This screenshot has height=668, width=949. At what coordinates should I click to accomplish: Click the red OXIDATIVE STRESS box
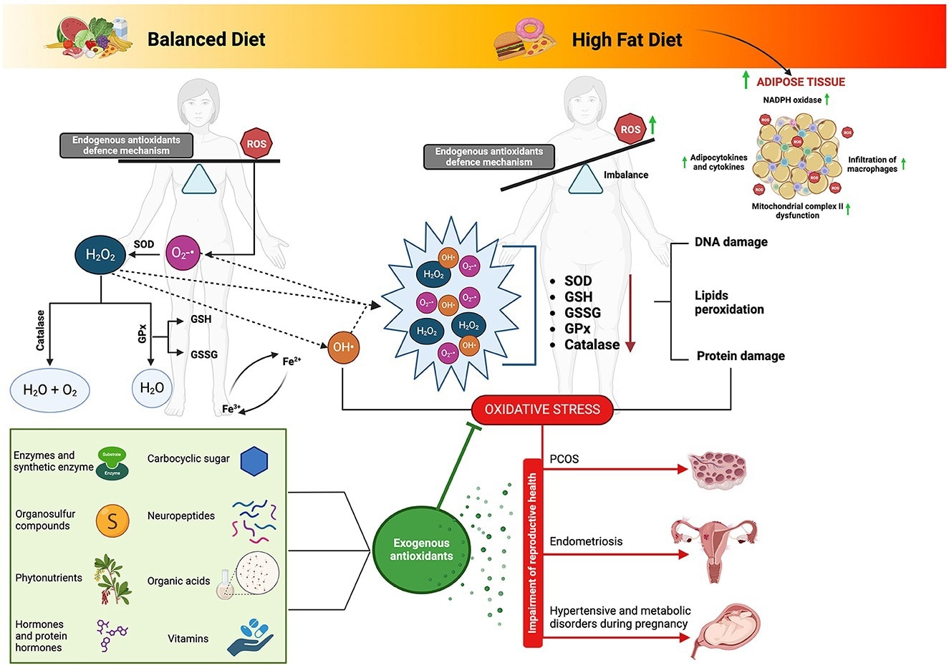[x=542, y=410]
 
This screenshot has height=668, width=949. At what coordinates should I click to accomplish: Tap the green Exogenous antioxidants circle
[x=421, y=550]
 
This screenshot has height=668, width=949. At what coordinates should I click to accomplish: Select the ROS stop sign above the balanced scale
[x=256, y=144]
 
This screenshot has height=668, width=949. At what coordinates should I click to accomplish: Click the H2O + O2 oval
[x=50, y=390]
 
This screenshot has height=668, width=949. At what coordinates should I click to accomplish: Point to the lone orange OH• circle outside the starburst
[x=342, y=347]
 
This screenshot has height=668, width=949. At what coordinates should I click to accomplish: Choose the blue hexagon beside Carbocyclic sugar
[x=254, y=462]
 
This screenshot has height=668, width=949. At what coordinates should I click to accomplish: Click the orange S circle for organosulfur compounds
[x=112, y=521]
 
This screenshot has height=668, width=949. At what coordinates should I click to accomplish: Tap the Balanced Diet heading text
[x=206, y=39]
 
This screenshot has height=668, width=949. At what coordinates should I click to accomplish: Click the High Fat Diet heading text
[x=627, y=40]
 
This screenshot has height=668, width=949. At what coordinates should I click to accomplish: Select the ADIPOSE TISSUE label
[x=801, y=82]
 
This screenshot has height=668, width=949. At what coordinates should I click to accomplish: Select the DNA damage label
[x=731, y=242]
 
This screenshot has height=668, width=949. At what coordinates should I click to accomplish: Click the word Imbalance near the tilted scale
[x=626, y=175]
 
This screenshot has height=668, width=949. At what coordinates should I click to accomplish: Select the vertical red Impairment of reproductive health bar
[x=532, y=553]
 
